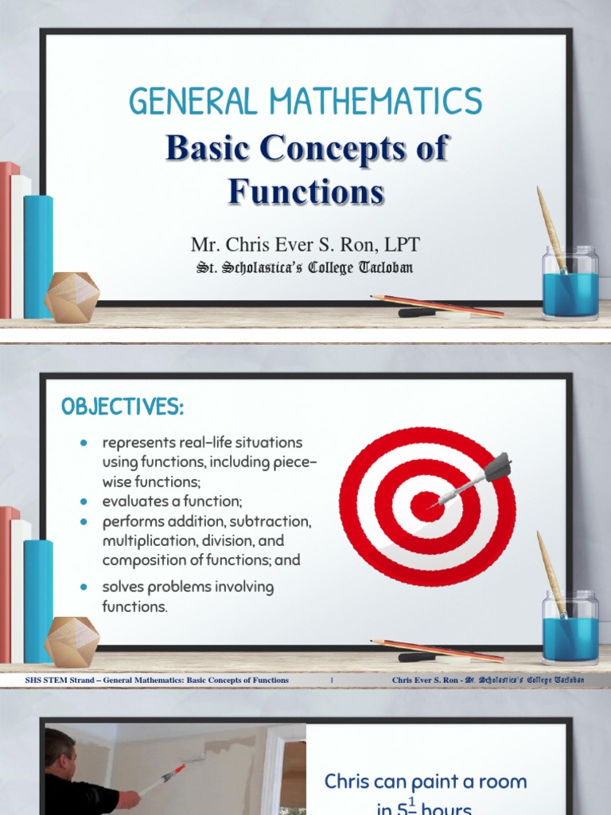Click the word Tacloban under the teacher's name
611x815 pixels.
click(x=387, y=267)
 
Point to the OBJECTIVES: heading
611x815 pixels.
click(x=123, y=408)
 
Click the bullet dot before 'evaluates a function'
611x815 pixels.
click(x=84, y=502)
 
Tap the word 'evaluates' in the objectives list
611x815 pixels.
click(x=130, y=502)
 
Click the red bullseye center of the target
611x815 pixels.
click(x=427, y=507)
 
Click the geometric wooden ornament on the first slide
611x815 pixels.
click(x=72, y=298)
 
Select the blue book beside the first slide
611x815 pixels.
click(x=38, y=255)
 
